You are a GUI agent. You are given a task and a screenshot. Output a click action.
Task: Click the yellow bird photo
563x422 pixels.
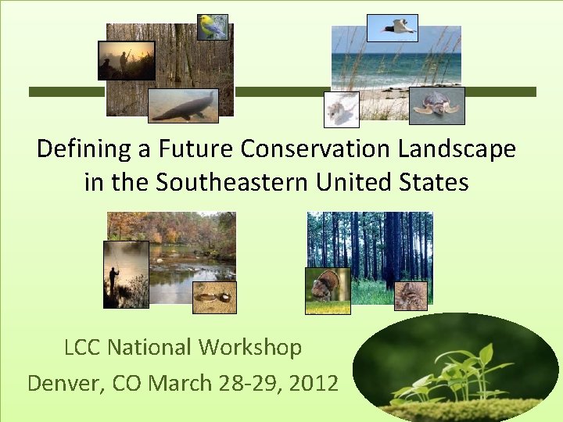pos(212,27)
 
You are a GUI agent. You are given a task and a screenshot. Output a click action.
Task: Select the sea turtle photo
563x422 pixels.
pos(436,105)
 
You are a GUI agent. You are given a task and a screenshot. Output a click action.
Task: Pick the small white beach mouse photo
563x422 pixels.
pos(342,109)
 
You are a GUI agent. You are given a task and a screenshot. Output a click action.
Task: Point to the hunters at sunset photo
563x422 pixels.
pos(127,60)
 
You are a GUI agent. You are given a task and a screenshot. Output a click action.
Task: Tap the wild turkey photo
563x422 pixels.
pos(328,290)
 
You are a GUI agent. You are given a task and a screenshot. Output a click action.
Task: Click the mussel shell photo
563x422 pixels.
pos(213,297)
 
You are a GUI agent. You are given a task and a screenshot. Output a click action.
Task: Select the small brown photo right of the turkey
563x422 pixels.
pos(411,295)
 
